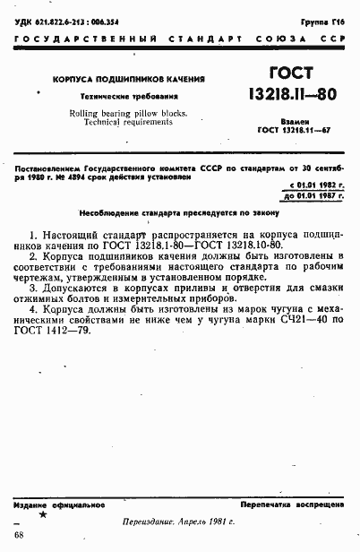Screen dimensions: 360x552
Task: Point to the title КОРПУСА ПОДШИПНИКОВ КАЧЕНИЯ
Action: point(128,81)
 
